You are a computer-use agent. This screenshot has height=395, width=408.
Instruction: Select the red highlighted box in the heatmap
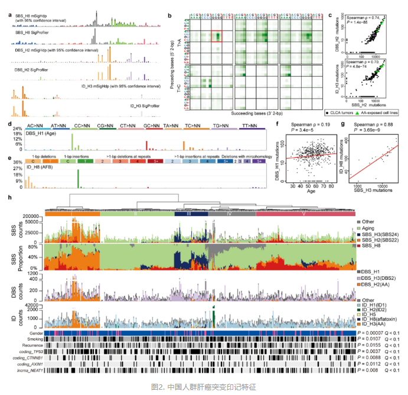pos(217,36)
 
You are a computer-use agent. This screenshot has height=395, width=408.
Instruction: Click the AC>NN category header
pos(35,125)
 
